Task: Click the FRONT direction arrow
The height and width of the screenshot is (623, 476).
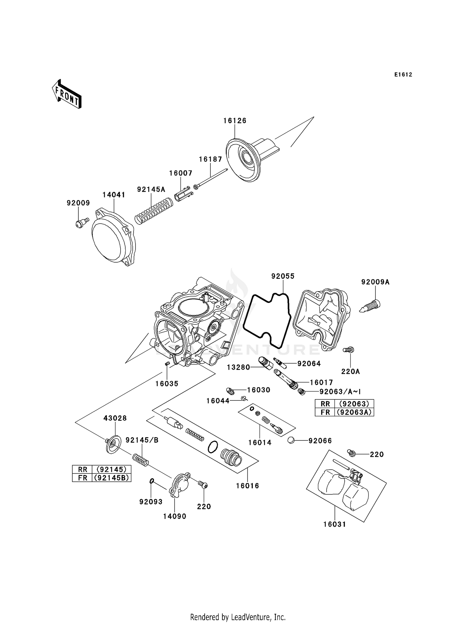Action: click(67, 95)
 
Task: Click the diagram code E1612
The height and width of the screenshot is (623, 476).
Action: click(403, 75)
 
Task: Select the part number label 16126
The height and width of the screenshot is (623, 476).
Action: click(235, 121)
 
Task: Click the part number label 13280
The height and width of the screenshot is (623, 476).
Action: click(238, 367)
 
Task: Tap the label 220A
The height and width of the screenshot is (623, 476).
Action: click(350, 371)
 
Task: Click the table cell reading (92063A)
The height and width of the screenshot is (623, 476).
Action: click(354, 412)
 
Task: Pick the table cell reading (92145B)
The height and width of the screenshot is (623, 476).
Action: click(111, 478)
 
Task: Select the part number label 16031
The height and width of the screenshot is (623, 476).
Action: click(334, 524)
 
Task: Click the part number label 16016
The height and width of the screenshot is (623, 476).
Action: click(247, 486)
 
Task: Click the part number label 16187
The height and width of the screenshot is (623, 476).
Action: click(210, 159)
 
